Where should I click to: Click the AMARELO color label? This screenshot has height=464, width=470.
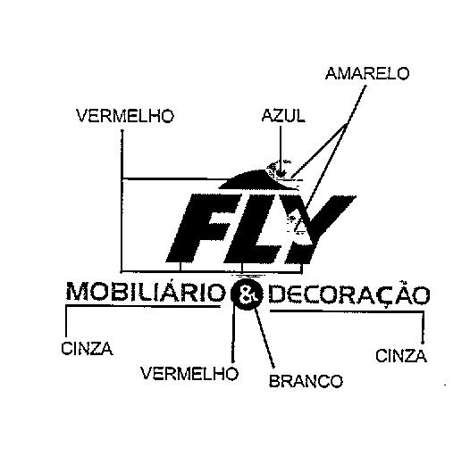[367, 73]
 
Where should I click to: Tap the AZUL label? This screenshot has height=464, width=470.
[283, 116]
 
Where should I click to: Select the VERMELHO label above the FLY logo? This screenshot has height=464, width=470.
[125, 116]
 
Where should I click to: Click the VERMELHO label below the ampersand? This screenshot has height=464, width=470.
[189, 374]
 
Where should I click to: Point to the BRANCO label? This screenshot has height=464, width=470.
[306, 381]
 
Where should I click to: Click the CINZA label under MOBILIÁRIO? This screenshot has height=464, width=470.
[87, 349]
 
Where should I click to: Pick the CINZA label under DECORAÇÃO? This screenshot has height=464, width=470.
[401, 356]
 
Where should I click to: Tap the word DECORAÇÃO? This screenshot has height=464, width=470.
[349, 294]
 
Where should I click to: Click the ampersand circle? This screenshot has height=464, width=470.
[247, 294]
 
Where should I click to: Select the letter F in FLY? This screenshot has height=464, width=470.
[204, 228]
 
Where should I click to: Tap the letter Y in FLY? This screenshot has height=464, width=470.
[319, 229]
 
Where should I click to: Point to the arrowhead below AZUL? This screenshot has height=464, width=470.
[281, 173]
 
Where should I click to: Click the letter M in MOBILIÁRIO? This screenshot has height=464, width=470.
[78, 292]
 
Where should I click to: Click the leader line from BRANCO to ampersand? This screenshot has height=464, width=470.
[264, 337]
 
